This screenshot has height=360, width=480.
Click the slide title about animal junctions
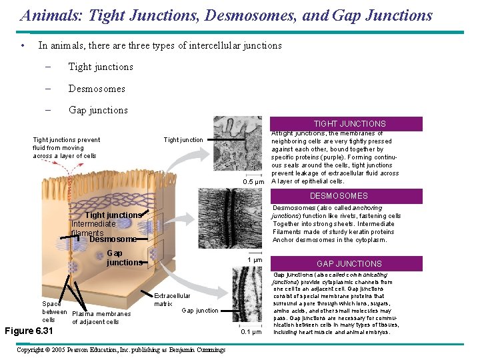click(226, 15)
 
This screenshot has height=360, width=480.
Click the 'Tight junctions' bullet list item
click(100, 67)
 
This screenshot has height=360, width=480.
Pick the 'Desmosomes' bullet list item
click(96, 89)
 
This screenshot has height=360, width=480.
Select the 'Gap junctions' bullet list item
click(97, 110)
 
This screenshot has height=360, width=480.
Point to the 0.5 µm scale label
click(253, 181)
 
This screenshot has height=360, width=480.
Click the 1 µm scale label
click(255, 260)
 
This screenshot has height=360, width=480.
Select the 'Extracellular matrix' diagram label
click(171, 300)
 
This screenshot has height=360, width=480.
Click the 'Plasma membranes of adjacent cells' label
click(101, 318)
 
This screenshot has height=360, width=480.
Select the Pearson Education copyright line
click(120, 350)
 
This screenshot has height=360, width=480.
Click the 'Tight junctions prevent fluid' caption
click(66, 147)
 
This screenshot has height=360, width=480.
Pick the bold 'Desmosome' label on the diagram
click(113, 239)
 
